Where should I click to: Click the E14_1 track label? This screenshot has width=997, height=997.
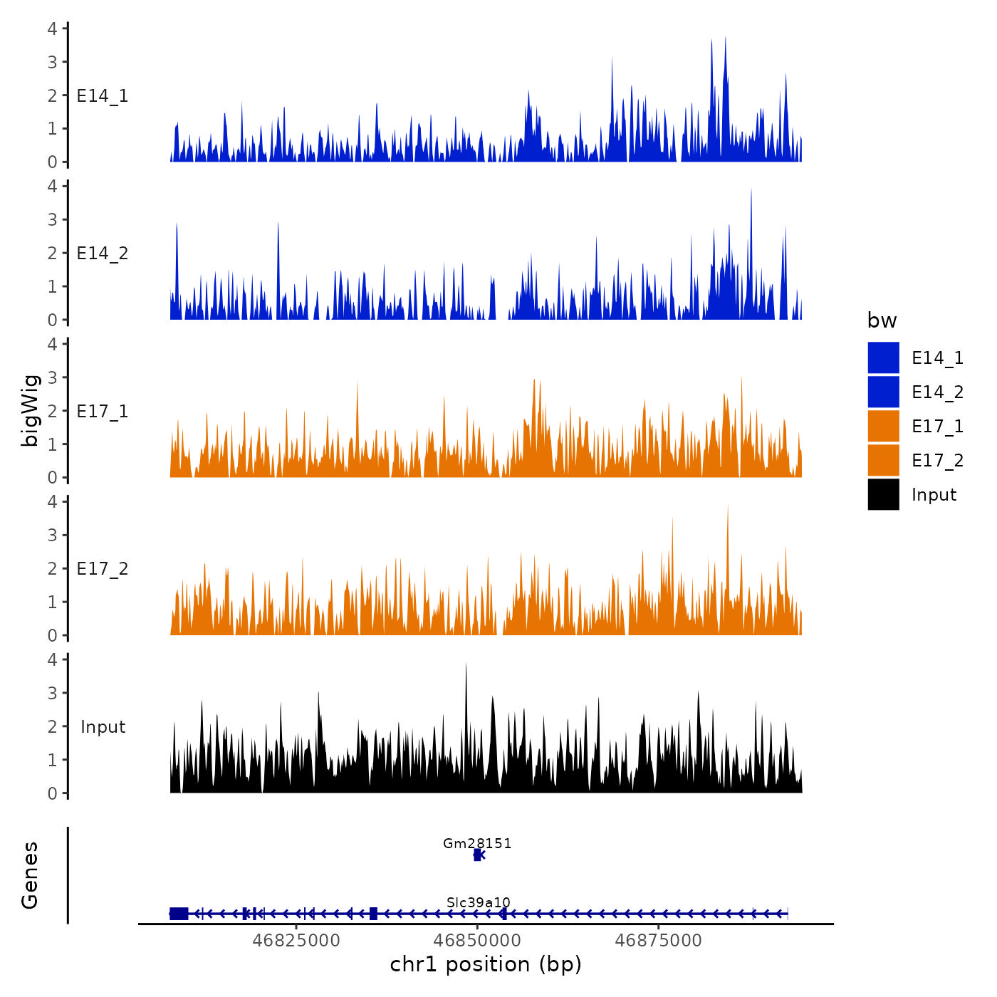coord(103,96)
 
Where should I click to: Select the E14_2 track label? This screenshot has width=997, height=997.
coord(103,254)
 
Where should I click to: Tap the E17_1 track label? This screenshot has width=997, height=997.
coord(103,412)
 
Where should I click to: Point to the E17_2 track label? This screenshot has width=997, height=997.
coord(103,569)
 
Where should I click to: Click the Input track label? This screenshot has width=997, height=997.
coord(103,727)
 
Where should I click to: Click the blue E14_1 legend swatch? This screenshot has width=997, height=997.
coord(883,357)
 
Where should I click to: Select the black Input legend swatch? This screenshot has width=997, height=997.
coord(883,494)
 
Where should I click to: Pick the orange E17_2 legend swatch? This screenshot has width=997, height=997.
coord(883,460)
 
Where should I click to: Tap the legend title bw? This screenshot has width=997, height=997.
coord(882,321)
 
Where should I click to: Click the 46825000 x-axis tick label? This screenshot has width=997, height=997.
coord(296,941)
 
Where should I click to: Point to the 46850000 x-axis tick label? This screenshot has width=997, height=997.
coord(478,941)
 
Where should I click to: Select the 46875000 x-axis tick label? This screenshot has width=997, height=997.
coord(659,941)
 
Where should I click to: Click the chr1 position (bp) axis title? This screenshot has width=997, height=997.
coord(486,964)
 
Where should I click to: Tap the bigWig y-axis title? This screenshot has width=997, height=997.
coord(30,411)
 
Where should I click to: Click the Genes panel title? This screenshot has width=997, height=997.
coord(30,875)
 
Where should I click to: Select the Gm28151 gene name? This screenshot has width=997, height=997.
coord(477,844)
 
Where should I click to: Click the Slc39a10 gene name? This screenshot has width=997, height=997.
coord(479,903)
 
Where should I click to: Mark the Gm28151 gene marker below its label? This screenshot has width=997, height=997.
coord(478,855)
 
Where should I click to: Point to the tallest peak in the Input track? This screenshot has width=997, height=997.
coord(466,665)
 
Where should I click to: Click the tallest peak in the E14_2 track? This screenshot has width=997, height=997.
coord(751,191)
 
